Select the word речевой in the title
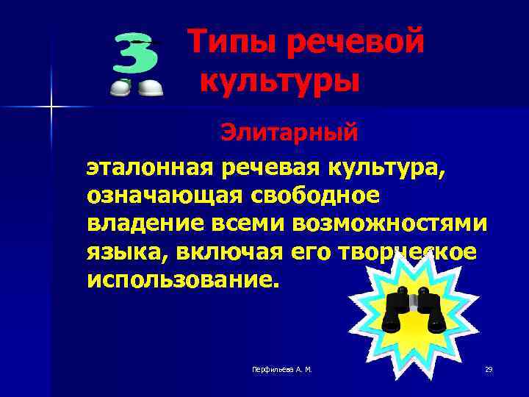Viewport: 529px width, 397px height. pyautogui.click(x=354, y=42)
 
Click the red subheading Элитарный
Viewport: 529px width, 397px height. pyautogui.click(x=289, y=133)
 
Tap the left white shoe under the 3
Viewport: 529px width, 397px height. pyautogui.click(x=120, y=87)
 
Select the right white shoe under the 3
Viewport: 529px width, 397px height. pyautogui.click(x=151, y=87)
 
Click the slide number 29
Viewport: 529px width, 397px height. pyautogui.click(x=489, y=369)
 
